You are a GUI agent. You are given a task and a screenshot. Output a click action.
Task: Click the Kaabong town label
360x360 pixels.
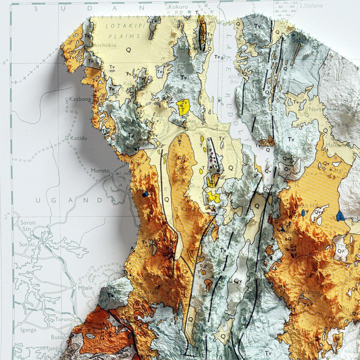coord(80,99)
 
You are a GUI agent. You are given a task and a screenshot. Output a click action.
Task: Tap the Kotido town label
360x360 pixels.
coord(79,138)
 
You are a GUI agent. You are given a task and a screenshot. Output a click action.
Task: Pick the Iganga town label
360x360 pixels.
coord(28,330)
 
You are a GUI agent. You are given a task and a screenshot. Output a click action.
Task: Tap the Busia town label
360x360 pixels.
coord(58,337)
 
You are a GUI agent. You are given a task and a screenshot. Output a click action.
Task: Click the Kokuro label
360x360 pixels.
coord(178,7)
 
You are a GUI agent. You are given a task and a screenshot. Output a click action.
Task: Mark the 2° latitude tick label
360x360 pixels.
coord(6,217)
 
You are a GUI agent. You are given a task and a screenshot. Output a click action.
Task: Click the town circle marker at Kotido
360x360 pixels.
coord(67,138)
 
